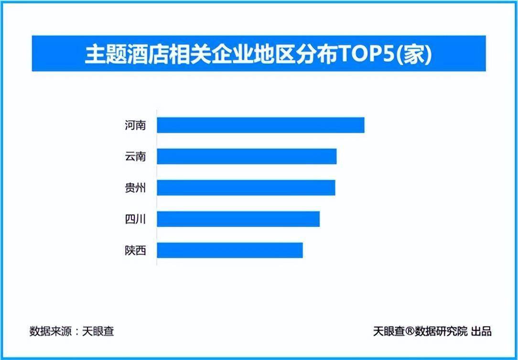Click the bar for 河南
click(260, 125)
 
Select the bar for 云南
click(247, 157)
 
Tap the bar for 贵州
click(246, 188)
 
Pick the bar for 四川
click(238, 219)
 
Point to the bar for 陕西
click(230, 251)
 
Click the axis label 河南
click(135, 126)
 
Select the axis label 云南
click(135, 157)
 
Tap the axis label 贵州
click(135, 188)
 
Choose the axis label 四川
click(135, 219)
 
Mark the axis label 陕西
click(135, 251)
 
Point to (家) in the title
click(413, 54)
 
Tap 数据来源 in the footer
click(51, 331)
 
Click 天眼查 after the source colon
click(98, 331)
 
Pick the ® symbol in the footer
click(410, 330)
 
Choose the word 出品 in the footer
click(481, 331)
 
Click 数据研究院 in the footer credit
click(441, 331)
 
